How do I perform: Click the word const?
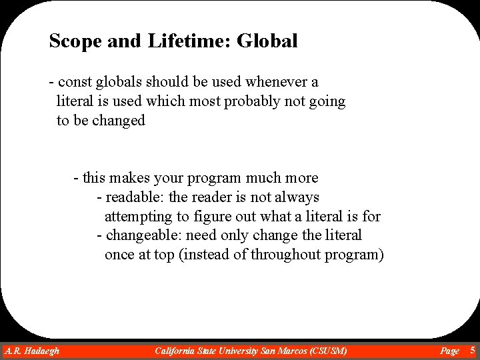click(x=75, y=82)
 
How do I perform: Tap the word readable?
click(x=135, y=197)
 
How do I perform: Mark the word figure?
click(x=213, y=216)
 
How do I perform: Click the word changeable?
click(x=143, y=235)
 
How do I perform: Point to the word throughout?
click(x=287, y=255)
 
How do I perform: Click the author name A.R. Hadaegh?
click(x=32, y=351)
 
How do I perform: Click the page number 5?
click(x=473, y=350)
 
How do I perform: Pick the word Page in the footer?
click(x=450, y=351)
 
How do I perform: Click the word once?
click(x=119, y=255)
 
